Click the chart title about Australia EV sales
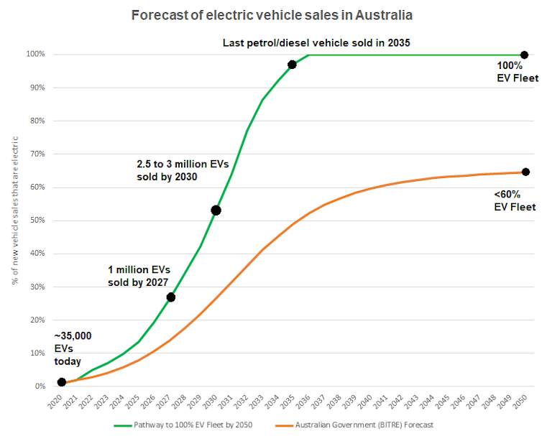click(x=271, y=14)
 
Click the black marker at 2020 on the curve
click(x=62, y=382)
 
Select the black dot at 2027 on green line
click(x=170, y=297)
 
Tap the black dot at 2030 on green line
click(x=216, y=210)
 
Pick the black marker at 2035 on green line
click(x=292, y=65)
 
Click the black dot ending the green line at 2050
click(x=524, y=55)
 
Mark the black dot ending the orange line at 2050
click(x=525, y=172)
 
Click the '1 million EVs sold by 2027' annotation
click(x=139, y=275)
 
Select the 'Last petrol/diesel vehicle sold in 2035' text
click(x=316, y=43)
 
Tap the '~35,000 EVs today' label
click(x=73, y=348)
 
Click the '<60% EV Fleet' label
click(x=515, y=200)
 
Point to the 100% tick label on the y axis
click(x=35, y=55)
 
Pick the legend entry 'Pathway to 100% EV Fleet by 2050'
click(x=188, y=425)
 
